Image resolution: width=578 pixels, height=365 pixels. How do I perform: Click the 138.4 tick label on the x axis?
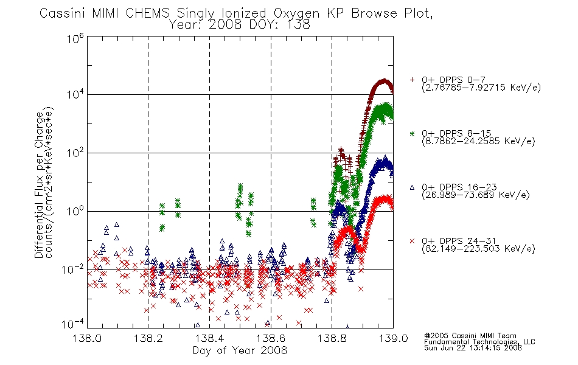[x=209, y=338]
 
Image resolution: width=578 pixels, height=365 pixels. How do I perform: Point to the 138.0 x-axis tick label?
[x=87, y=338]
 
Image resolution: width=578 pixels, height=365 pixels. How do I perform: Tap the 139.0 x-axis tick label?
[x=393, y=338]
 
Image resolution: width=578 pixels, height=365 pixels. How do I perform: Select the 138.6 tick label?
[x=271, y=338]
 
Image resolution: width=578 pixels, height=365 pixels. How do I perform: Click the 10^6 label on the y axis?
[x=75, y=38]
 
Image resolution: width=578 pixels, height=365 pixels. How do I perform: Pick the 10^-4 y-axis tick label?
[x=73, y=324]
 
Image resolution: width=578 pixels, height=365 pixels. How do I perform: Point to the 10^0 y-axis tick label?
[x=75, y=211]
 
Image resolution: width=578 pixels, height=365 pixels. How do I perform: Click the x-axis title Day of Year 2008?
[x=240, y=350]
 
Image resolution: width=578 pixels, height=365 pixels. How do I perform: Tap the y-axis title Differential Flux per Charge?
[x=39, y=185]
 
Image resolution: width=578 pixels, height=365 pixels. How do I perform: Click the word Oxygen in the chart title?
[x=296, y=13]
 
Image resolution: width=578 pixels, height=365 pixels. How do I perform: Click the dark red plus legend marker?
[x=412, y=80]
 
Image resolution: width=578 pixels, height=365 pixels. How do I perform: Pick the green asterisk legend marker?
[x=412, y=134]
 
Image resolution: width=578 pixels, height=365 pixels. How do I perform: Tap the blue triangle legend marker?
[x=412, y=187]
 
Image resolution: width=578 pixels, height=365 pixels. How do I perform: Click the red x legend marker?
[x=412, y=241]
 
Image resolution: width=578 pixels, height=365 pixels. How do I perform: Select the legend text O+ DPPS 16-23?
[x=459, y=187]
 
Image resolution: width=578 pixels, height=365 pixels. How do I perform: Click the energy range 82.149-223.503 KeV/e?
[x=478, y=248]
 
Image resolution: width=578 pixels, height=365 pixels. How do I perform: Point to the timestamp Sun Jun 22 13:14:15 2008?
[x=473, y=348]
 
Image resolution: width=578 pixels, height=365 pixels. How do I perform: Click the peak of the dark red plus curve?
[x=385, y=80]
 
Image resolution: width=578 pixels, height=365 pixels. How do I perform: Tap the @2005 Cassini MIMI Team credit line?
[x=470, y=336]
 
